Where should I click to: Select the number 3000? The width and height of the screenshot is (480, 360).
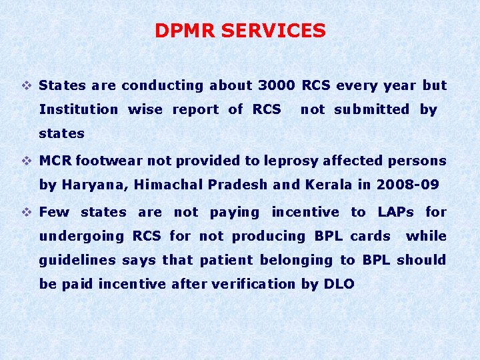276,85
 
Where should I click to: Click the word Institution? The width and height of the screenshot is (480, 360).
79,109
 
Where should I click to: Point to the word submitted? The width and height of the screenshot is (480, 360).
371,109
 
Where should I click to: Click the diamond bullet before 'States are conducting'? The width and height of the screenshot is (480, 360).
27,85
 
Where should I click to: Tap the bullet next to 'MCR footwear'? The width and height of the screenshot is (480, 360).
27,161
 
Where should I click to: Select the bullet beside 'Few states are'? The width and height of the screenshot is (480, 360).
27,212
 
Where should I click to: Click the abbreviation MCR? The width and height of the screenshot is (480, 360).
55,161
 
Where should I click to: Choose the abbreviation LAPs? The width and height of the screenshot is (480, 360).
395,212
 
